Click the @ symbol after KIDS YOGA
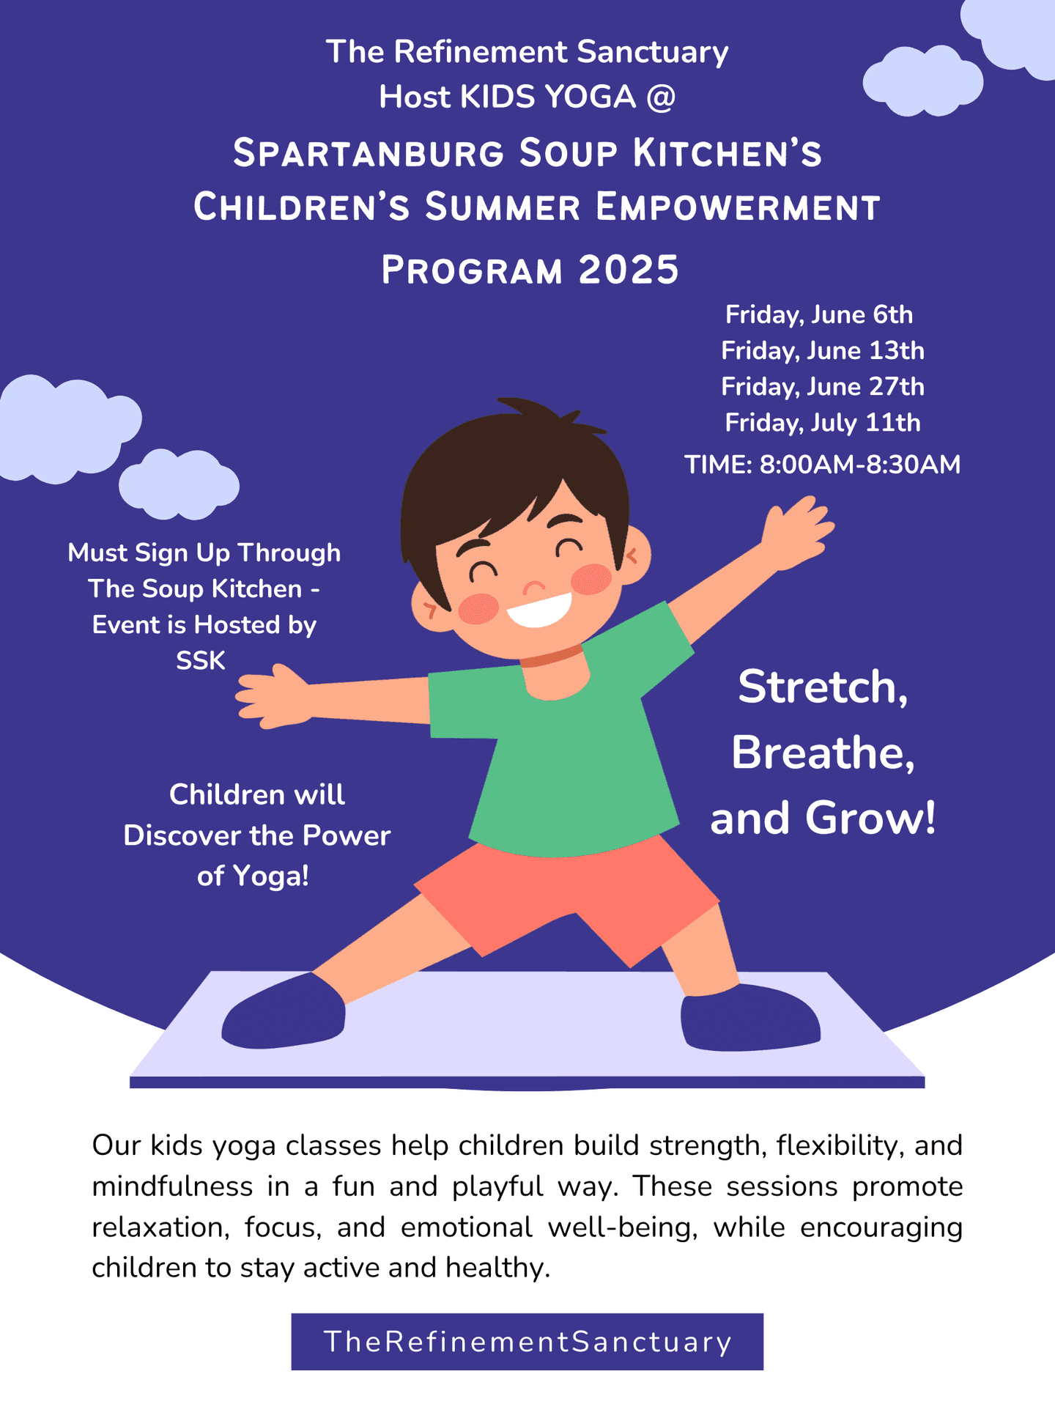coord(661,97)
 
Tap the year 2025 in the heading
coord(629,270)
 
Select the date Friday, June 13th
coord(823,351)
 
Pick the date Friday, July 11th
coord(823,423)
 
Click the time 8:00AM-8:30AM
coord(860,465)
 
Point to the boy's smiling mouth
coord(539,610)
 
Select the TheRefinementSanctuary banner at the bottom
coord(527,1342)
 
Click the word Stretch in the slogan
coord(823,687)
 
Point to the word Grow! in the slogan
coord(870,818)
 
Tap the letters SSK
coord(201,661)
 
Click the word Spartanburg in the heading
coord(369,154)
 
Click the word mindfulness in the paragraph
coord(172,1186)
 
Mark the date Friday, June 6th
coord(819,315)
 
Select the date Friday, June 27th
coord(823,387)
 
